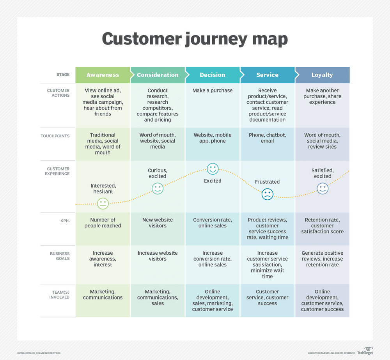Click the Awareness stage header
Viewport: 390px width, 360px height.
[103, 75]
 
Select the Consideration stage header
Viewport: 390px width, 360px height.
[158, 75]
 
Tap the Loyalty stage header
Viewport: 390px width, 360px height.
[322, 75]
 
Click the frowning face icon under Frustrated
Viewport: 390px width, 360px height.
[268, 194]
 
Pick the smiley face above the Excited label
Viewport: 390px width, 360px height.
[213, 169]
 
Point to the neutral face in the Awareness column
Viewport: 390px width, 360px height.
[103, 203]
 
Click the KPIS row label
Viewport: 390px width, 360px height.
[65, 221]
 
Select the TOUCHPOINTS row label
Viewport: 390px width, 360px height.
[55, 136]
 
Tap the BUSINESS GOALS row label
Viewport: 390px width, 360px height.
[60, 256]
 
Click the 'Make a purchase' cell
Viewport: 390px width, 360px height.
[213, 90]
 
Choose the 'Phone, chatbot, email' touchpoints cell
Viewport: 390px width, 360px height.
[268, 138]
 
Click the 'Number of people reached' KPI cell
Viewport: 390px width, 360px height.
[103, 223]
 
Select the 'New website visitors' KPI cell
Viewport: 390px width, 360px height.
[158, 223]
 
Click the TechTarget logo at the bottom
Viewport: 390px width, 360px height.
[365, 351]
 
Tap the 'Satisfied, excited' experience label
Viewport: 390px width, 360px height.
[323, 173]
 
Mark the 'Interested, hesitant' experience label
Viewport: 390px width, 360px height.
[103, 188]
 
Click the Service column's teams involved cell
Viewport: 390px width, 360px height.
[268, 297]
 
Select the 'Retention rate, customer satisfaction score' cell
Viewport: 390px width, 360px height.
[322, 225]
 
